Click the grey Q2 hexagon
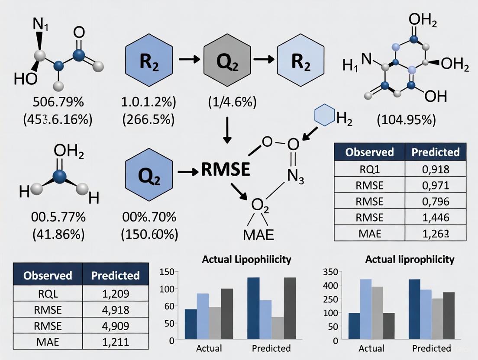click(227, 61)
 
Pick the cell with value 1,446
click(435, 217)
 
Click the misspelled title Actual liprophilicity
click(410, 259)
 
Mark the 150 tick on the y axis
click(167, 272)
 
